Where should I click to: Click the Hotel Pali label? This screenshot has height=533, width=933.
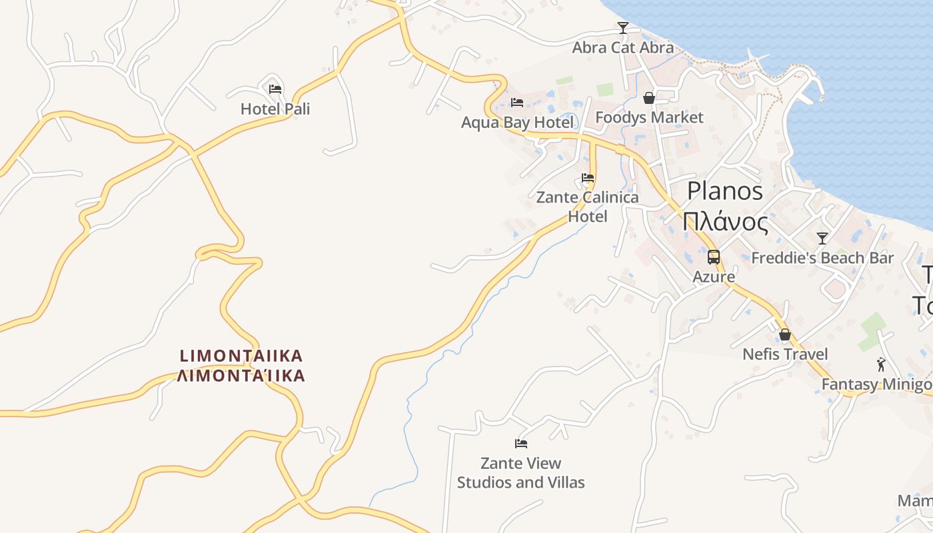(x=275, y=109)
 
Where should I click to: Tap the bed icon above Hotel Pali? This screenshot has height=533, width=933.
(x=275, y=89)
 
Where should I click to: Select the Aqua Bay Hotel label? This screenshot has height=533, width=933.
(x=517, y=123)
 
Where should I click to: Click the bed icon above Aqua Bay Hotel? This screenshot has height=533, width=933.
(x=517, y=103)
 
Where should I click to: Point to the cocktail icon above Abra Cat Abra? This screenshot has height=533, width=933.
(x=623, y=28)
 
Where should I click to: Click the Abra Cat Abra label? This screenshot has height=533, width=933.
(x=623, y=47)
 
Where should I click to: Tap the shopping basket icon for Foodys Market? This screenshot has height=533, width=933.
(x=649, y=98)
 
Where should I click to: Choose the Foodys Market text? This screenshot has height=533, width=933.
(x=649, y=117)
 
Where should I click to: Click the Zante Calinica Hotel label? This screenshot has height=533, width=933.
(x=587, y=207)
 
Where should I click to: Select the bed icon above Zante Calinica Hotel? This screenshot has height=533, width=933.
(x=588, y=178)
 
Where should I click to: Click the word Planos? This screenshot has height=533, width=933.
(x=725, y=191)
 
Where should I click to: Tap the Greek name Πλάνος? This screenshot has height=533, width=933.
(x=725, y=221)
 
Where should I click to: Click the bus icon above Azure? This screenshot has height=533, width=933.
(x=714, y=257)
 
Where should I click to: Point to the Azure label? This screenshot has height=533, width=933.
(x=714, y=276)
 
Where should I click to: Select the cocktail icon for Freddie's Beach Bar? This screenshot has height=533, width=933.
(x=822, y=238)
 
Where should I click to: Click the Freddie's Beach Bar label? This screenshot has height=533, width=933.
(x=822, y=258)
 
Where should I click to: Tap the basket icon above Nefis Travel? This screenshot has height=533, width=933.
(x=785, y=334)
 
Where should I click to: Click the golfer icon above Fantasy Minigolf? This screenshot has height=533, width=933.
(x=881, y=364)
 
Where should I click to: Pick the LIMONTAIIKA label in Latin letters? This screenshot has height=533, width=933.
(x=241, y=355)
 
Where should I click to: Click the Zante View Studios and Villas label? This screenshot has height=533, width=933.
(x=521, y=472)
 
